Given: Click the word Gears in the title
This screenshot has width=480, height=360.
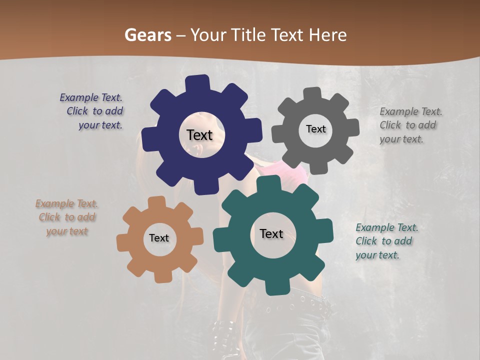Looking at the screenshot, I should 147,35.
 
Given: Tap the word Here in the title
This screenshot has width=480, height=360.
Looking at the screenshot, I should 327,35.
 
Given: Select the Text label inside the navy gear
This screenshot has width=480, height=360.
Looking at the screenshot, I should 200,135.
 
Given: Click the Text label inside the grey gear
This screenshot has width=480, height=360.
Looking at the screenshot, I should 315,129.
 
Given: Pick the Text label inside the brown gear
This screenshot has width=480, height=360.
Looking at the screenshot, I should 159,238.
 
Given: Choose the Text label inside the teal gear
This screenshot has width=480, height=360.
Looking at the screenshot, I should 271,234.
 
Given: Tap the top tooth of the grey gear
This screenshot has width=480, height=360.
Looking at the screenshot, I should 312,93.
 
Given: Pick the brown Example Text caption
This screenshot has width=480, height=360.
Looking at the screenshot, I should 67,217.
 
